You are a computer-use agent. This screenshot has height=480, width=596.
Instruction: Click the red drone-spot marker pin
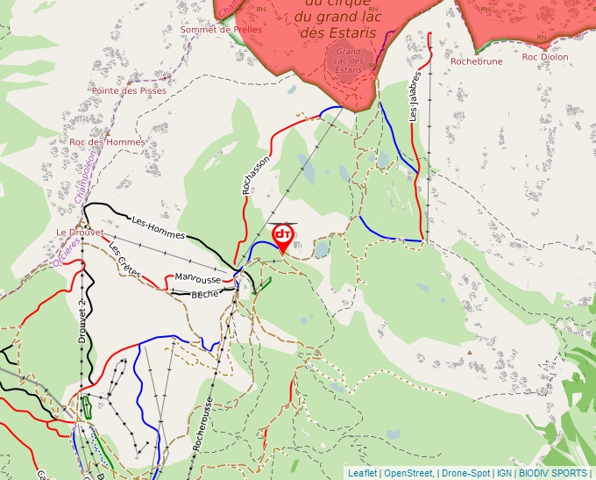[x=283, y=237]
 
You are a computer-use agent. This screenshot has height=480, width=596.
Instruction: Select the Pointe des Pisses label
[x=129, y=90]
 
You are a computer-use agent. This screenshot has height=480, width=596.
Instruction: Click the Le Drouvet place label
[x=80, y=233]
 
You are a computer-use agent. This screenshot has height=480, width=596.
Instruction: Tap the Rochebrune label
[x=477, y=62]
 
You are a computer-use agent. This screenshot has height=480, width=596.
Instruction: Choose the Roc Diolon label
[x=545, y=57]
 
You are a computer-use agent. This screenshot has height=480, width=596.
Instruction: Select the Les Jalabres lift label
[x=415, y=96]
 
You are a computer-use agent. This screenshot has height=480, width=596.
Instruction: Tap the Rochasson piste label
[x=255, y=175]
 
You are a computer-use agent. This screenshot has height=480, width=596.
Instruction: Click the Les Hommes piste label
[x=158, y=228]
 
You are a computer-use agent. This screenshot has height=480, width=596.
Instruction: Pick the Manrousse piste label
[x=198, y=279]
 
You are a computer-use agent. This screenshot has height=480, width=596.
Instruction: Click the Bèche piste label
[x=204, y=295]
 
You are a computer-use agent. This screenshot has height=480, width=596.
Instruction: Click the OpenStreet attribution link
[x=408, y=473]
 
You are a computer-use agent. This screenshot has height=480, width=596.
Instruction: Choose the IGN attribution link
[x=505, y=473]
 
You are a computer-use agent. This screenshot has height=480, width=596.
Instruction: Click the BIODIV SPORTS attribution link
[x=552, y=473]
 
